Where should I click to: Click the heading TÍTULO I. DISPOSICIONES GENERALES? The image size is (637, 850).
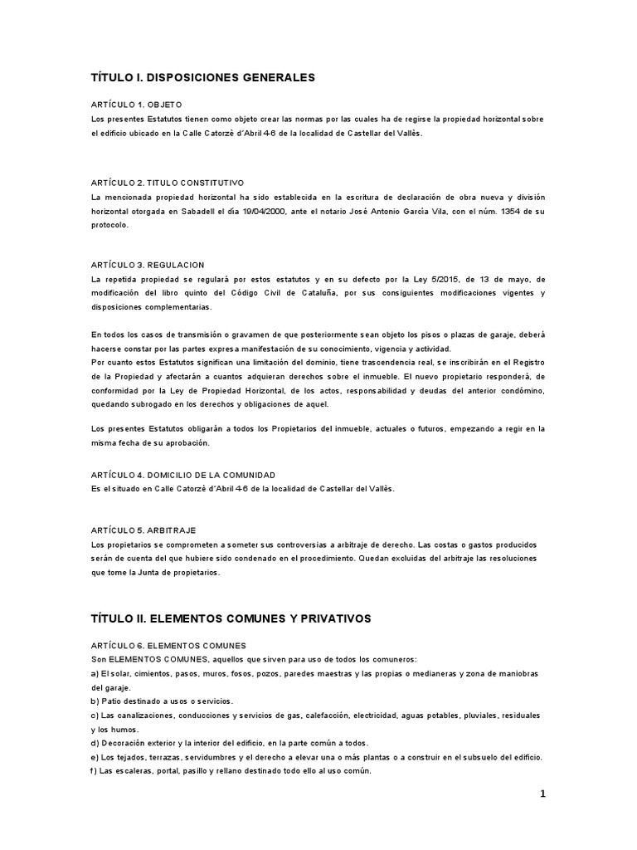[203, 77]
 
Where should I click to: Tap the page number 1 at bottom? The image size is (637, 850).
[542, 794]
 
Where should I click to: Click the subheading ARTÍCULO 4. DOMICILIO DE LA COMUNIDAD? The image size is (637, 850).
[182, 475]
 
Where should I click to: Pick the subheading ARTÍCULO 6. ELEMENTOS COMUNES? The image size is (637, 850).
[168, 645]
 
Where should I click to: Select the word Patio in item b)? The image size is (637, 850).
[111, 701]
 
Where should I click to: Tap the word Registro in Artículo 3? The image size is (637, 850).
[526, 363]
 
